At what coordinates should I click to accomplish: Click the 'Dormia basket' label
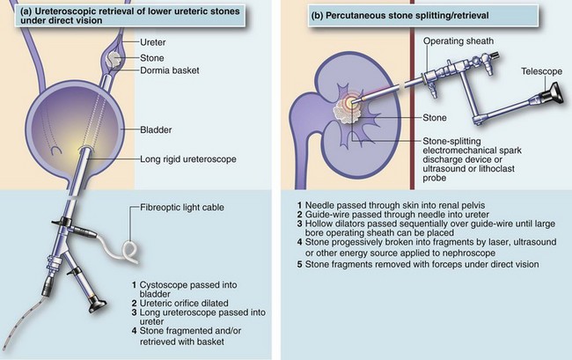point(170,70)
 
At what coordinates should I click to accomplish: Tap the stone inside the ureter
point(114,60)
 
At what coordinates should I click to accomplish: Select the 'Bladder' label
point(156,130)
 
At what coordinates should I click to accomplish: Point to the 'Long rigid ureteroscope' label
point(188,159)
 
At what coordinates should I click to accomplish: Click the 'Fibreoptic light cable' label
point(182,208)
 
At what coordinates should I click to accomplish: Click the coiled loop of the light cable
point(130,250)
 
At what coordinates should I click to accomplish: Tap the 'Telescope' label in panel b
point(541,71)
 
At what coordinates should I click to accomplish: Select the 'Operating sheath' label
point(458,41)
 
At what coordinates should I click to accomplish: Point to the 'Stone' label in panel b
point(435,118)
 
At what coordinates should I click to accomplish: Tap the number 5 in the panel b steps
point(299,264)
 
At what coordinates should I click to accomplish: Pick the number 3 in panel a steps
point(135,312)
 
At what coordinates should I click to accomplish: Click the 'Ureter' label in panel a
point(153,42)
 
